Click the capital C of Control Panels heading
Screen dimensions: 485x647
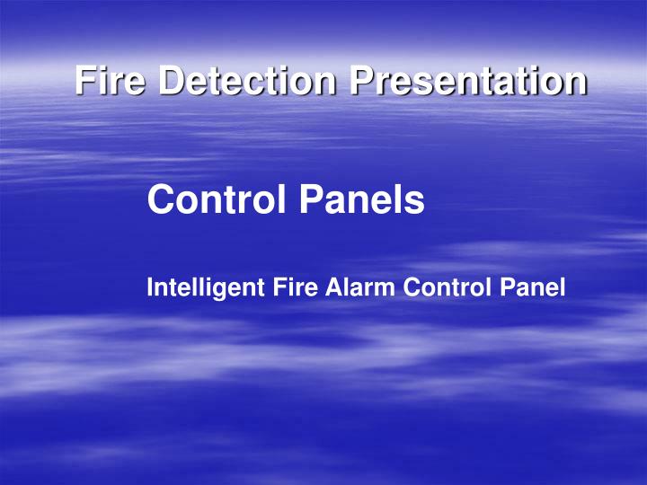coord(161,199)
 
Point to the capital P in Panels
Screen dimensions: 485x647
coord(307,199)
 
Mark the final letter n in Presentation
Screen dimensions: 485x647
coord(575,83)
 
